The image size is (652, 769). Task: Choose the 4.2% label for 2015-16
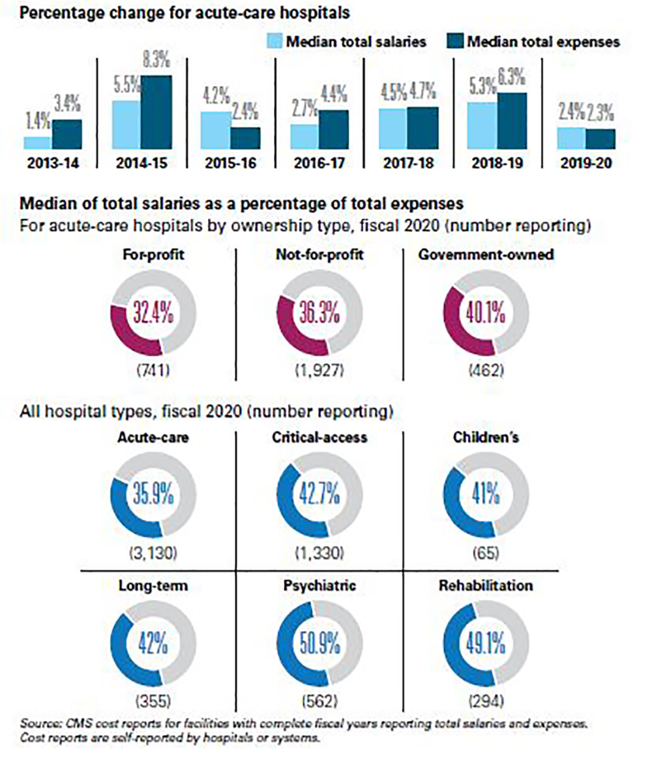[215, 98]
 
